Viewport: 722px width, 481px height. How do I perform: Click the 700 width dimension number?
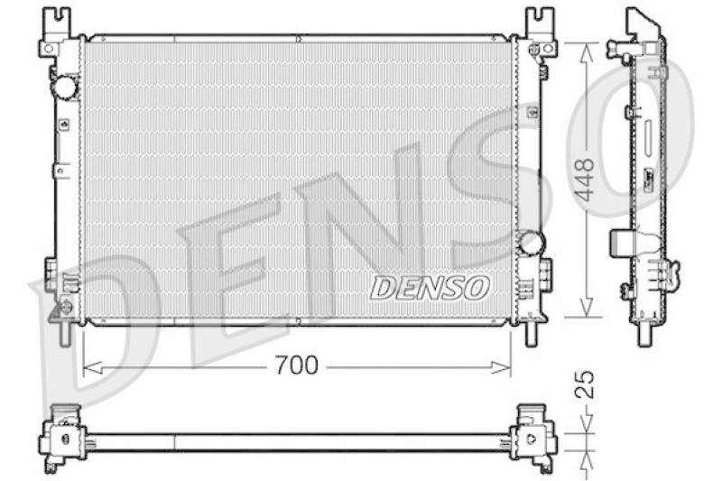[297, 365]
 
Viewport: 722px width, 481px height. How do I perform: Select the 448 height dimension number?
[584, 180]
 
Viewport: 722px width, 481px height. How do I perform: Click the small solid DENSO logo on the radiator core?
[430, 288]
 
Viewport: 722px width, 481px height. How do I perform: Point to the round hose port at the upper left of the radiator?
[66, 88]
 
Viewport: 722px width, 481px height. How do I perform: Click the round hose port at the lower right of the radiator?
[532, 243]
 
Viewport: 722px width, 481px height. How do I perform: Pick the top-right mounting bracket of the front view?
[541, 32]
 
